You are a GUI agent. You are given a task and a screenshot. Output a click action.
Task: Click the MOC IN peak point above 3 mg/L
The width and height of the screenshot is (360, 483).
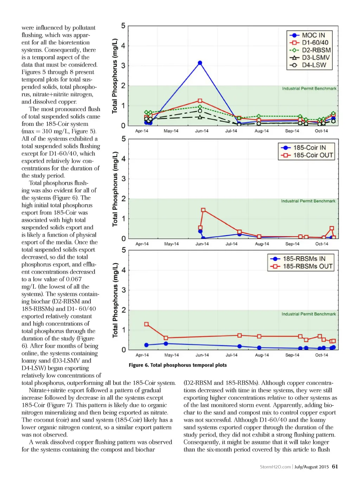tap(200, 63)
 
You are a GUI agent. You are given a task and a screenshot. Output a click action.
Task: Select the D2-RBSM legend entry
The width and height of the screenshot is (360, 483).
tap(309, 50)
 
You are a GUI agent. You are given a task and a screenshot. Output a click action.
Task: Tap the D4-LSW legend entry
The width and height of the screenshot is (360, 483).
tap(309, 65)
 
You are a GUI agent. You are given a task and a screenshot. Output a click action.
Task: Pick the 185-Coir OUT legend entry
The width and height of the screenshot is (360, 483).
tap(307, 155)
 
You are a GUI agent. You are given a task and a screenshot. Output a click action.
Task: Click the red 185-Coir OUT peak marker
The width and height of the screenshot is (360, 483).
tap(203, 210)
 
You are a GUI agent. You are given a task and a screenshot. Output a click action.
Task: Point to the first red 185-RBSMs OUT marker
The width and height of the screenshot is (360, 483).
tap(146, 324)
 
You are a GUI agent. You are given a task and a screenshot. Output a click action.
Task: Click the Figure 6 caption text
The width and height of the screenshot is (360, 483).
tap(178, 365)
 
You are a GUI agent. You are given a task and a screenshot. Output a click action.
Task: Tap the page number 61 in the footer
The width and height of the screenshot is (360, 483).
tap(335, 466)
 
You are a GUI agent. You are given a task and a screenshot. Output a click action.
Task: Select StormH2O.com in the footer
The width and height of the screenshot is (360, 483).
tap(275, 467)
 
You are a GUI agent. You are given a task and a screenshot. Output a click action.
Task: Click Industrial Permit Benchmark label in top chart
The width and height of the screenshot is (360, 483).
tap(309, 89)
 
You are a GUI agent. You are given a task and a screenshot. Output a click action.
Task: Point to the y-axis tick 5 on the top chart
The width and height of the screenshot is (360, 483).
tap(123, 26)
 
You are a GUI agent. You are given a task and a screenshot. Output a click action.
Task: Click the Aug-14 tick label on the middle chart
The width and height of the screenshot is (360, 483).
tap(262, 244)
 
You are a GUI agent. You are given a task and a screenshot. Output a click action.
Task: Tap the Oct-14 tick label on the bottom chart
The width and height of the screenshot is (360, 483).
tap(321, 355)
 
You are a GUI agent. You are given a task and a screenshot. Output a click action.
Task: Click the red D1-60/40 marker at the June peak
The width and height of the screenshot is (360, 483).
tap(200, 101)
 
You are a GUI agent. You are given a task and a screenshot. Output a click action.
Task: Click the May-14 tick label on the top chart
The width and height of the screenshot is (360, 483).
tap(171, 131)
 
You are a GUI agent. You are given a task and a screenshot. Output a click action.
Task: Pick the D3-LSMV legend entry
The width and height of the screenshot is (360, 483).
tap(309, 58)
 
